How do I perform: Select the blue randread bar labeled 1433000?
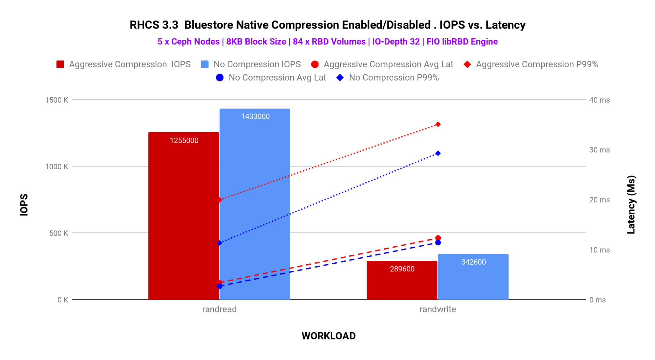[255, 204]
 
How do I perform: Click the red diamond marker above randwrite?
[438, 124]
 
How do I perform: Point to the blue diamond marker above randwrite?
[438, 153]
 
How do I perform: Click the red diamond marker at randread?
[219, 200]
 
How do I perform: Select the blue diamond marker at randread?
[219, 243]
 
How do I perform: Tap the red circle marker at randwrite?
[438, 238]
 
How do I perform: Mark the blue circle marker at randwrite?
[438, 243]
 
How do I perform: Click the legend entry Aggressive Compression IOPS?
[124, 64]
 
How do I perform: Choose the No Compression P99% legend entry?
[388, 78]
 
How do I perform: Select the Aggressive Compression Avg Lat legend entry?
[382, 64]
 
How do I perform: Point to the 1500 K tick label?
[57, 100]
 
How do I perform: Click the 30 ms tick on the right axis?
[599, 150]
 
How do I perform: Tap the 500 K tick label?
[59, 233]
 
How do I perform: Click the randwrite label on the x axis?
[438, 309]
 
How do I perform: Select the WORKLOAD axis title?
[328, 336]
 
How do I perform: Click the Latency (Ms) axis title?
[631, 205]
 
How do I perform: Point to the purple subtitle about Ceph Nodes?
[327, 42]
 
